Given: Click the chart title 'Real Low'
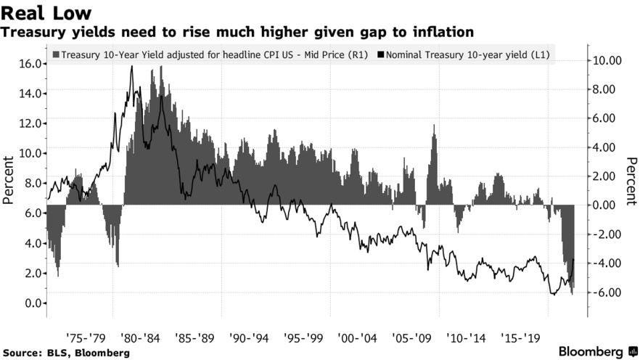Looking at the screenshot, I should pyautogui.click(x=46, y=12).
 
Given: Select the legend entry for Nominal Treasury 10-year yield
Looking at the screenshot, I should pyautogui.click(x=465, y=54).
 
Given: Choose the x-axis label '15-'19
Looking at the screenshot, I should pyautogui.click(x=521, y=338).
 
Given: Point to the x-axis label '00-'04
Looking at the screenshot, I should pyautogui.click(x=357, y=338).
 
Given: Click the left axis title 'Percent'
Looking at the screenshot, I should pyautogui.click(x=9, y=179).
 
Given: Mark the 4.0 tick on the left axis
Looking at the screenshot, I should pyautogui.click(x=30, y=243).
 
